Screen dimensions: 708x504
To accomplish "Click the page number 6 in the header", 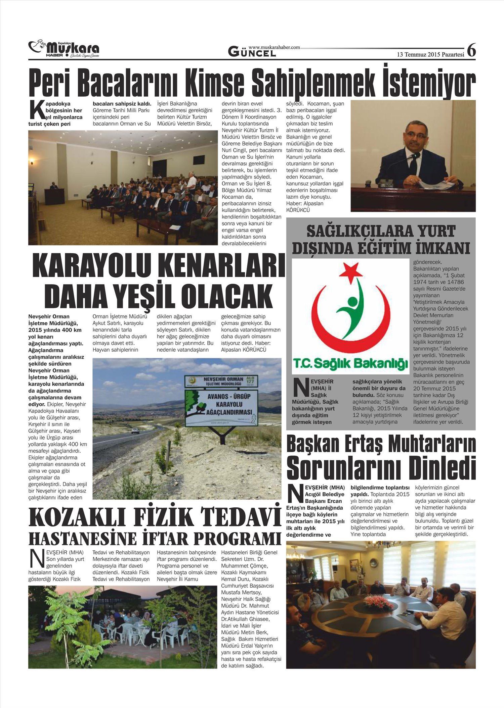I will click(x=471, y=51).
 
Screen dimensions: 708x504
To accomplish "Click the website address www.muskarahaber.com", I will click(x=274, y=48).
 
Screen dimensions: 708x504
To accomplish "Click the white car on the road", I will click(x=135, y=431).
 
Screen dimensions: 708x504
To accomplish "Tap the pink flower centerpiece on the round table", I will click(x=378, y=602).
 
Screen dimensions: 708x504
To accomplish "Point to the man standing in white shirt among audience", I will click(x=192, y=182).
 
